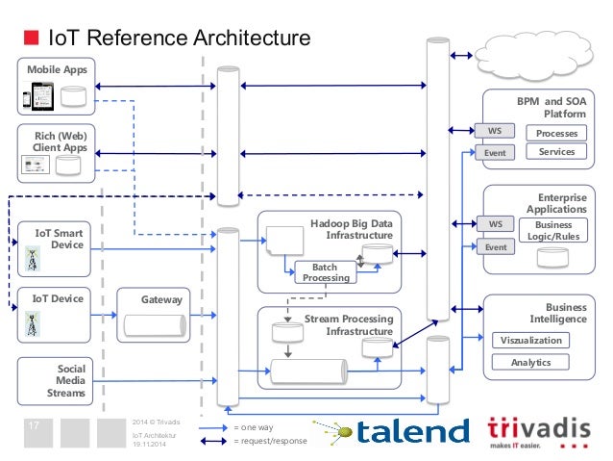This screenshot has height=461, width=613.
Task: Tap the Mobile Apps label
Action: (x=56, y=69)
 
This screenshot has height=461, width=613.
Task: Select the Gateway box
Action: (x=154, y=314)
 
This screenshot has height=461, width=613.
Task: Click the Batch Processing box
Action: (x=326, y=272)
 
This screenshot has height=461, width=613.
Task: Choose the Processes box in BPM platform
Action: (x=556, y=133)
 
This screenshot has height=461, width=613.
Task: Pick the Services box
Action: (x=556, y=152)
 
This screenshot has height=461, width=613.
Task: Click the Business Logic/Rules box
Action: (x=552, y=231)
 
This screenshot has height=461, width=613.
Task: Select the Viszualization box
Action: (x=529, y=340)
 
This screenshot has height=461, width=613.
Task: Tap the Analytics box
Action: (x=529, y=362)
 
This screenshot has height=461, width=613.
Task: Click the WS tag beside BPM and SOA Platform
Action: (x=495, y=131)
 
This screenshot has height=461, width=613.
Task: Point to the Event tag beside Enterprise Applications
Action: (x=495, y=247)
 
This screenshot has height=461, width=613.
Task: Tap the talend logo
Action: (x=393, y=432)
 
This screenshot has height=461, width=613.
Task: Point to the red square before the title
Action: (x=30, y=38)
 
